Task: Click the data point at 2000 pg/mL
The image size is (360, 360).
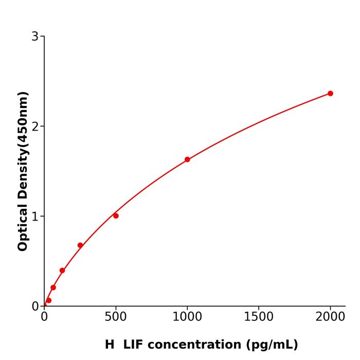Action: click(x=330, y=94)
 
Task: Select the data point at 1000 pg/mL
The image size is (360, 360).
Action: click(x=187, y=159)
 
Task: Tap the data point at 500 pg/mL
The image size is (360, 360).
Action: click(x=116, y=216)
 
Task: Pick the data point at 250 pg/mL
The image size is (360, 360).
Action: click(x=80, y=245)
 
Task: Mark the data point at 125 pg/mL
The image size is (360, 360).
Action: click(x=62, y=271)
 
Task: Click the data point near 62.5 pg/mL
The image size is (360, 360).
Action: click(x=53, y=287)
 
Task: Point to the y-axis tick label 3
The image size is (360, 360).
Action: click(x=35, y=37)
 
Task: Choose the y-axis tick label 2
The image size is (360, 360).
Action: click(x=35, y=127)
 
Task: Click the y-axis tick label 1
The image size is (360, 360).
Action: click(x=35, y=217)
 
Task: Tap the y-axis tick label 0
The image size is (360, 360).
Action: click(x=35, y=307)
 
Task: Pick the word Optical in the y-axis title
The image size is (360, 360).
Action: click(x=23, y=226)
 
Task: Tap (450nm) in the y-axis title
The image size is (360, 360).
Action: click(x=23, y=118)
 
